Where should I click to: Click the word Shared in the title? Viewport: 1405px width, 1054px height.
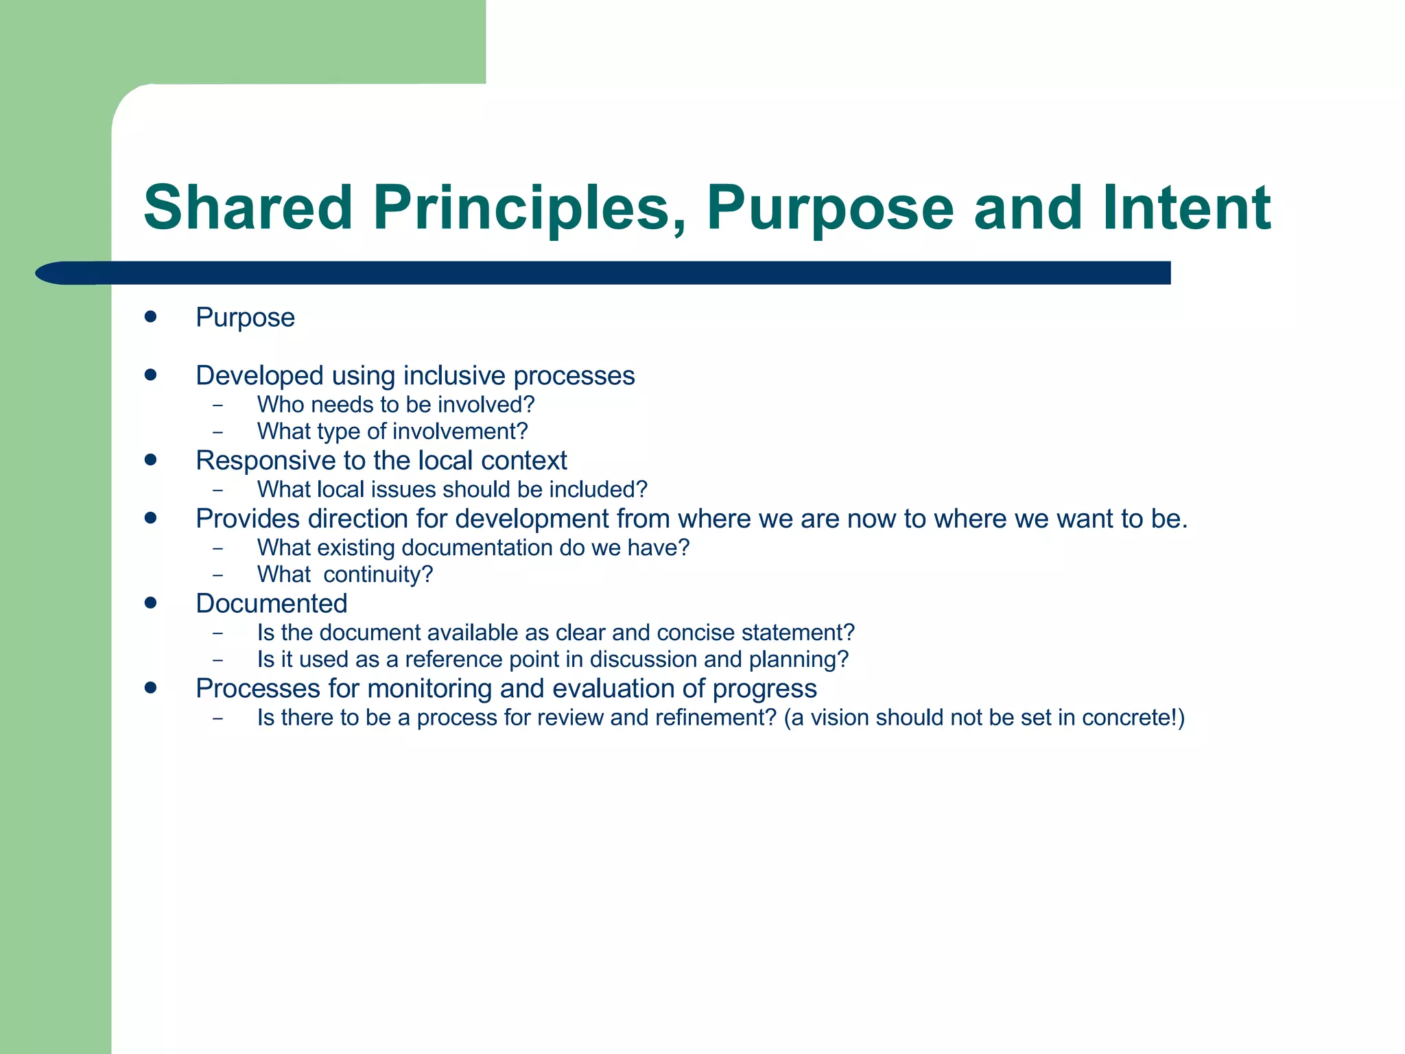(x=248, y=207)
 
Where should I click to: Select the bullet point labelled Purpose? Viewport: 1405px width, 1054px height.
(x=245, y=318)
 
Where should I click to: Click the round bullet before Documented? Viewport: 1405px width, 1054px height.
(x=151, y=603)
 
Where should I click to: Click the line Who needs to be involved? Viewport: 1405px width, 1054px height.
(x=395, y=405)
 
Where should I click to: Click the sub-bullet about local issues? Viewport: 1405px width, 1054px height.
(x=451, y=489)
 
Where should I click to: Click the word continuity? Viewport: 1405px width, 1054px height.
(x=378, y=574)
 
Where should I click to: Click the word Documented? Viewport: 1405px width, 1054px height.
(x=271, y=604)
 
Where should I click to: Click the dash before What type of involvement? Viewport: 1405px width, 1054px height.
(x=218, y=432)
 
